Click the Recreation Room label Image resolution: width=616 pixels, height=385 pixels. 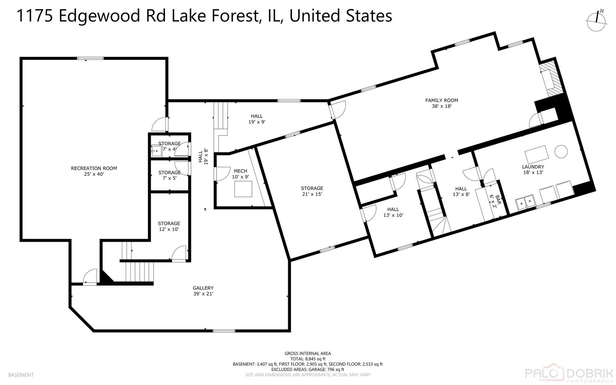[x=94, y=171]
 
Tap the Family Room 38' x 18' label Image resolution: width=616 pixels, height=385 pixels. [x=441, y=103]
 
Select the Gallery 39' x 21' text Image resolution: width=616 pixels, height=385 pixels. [x=203, y=291]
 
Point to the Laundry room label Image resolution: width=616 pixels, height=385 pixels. [x=533, y=169]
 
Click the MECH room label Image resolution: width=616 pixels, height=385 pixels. [x=240, y=174]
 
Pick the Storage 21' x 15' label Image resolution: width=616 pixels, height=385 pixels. [x=312, y=191]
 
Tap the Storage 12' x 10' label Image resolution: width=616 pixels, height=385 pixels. [x=169, y=226]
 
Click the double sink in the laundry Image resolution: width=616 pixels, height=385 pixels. [x=526, y=202]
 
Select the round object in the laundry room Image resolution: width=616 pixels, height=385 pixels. [x=561, y=152]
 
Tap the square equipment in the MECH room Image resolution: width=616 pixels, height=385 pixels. [x=243, y=189]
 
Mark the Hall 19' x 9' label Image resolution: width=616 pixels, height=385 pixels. [x=257, y=119]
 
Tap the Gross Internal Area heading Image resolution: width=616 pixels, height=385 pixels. [x=307, y=354]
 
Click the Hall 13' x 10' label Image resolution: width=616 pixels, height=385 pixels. [x=393, y=212]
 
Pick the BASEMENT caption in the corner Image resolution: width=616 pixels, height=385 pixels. [x=21, y=375]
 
